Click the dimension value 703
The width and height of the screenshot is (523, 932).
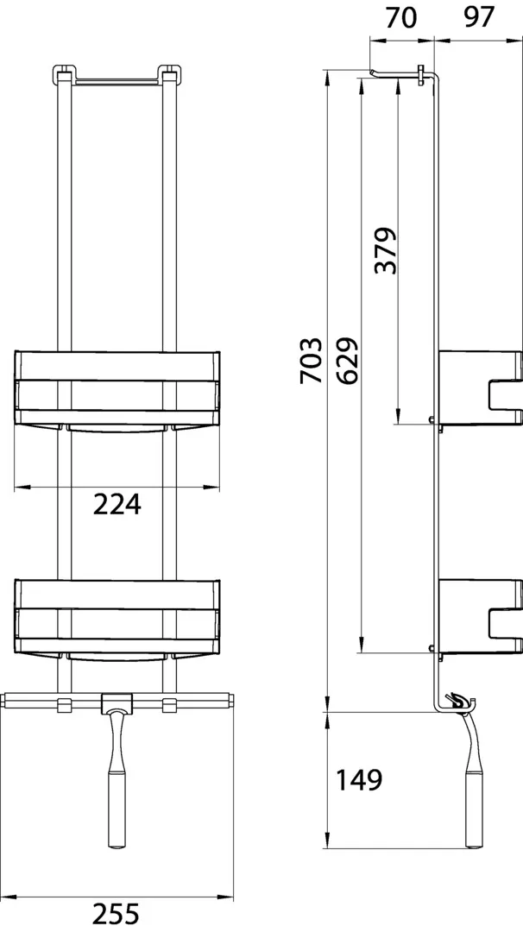[x=312, y=360]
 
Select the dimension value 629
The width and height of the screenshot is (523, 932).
[x=347, y=360]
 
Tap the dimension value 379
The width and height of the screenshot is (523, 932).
[x=385, y=250]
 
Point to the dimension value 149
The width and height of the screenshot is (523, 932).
[x=358, y=780]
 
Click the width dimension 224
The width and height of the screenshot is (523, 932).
[x=117, y=505]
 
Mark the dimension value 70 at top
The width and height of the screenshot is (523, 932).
[x=400, y=18]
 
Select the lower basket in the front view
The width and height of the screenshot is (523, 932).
[x=117, y=614]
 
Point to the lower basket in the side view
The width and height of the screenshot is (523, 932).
[x=480, y=616]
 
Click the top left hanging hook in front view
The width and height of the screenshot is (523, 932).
[x=62, y=73]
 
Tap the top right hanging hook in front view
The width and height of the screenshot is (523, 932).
[x=169, y=73]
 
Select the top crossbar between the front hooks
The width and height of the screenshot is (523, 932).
[x=116, y=81]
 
